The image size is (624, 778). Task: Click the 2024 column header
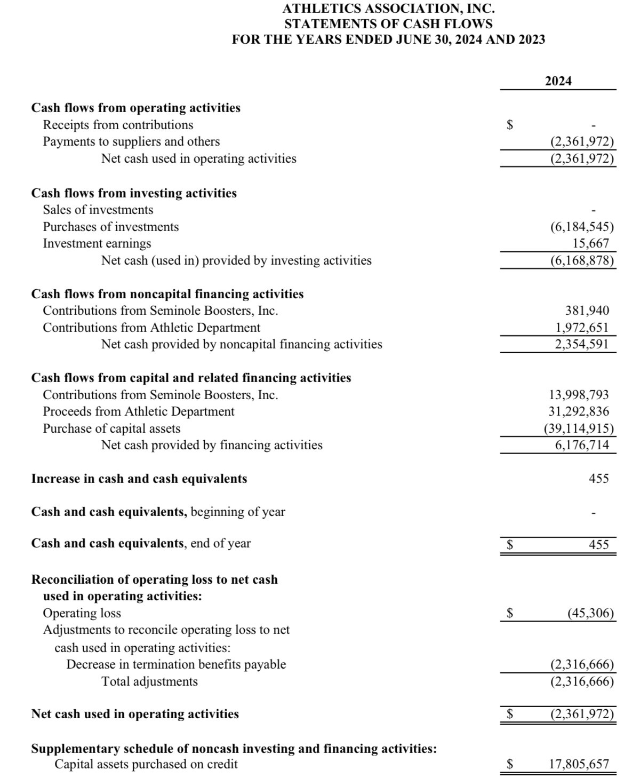(x=558, y=81)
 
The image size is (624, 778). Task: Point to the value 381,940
(x=587, y=311)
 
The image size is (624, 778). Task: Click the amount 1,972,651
(x=582, y=328)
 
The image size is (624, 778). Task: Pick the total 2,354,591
(x=582, y=344)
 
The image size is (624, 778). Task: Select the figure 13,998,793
(x=579, y=395)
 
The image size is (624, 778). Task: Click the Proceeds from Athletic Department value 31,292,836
(x=579, y=411)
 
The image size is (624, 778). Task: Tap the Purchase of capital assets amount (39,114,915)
(x=579, y=428)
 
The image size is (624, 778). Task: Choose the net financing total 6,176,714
(x=582, y=445)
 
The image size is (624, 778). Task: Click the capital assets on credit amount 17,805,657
(x=579, y=764)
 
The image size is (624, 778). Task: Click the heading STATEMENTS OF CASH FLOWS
(x=388, y=24)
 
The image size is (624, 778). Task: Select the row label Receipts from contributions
(x=118, y=125)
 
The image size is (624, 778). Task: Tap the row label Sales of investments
(x=98, y=210)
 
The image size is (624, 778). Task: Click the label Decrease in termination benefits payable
(x=176, y=664)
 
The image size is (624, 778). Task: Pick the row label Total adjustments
(x=149, y=681)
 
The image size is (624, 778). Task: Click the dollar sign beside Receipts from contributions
(x=510, y=125)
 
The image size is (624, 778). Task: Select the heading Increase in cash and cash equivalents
(x=139, y=479)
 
